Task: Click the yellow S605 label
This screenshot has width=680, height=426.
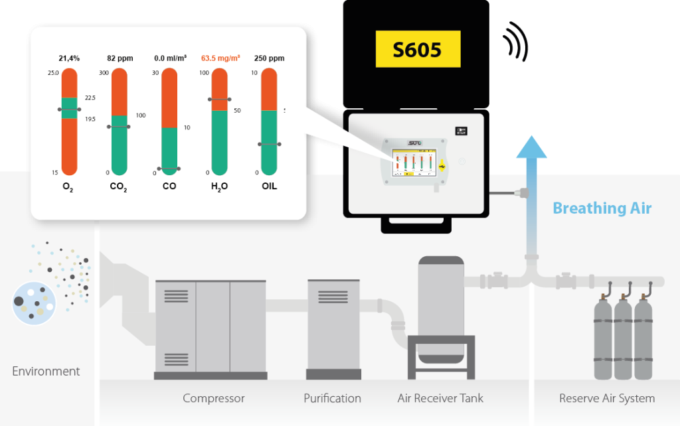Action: (417, 49)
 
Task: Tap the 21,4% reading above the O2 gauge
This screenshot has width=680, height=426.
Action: (69, 58)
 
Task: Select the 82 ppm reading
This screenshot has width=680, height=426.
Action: (120, 58)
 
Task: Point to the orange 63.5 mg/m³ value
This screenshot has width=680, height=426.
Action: (220, 58)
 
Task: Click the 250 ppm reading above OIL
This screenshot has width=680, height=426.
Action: (269, 58)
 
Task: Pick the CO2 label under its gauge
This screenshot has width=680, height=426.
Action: (119, 186)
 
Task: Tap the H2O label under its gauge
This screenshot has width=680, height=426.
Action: (219, 186)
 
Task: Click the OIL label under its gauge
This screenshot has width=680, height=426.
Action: (269, 186)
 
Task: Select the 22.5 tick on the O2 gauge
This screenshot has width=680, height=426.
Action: (90, 98)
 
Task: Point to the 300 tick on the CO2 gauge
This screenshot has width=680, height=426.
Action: (104, 72)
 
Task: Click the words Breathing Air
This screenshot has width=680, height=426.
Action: (602, 208)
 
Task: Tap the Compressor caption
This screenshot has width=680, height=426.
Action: (214, 399)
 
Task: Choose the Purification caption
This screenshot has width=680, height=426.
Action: (332, 399)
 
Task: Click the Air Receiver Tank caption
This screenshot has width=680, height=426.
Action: (440, 399)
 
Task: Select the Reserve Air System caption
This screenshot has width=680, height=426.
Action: (607, 399)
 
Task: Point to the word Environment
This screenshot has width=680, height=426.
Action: (46, 372)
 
